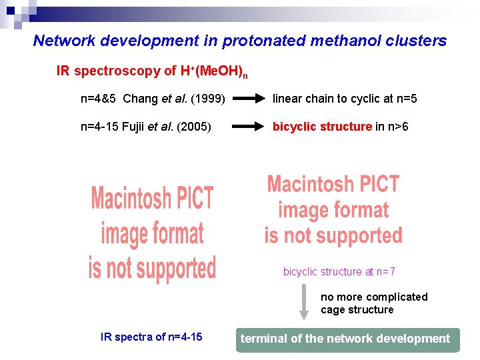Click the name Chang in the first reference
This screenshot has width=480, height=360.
tap(141, 99)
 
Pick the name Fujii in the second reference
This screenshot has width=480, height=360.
tap(135, 127)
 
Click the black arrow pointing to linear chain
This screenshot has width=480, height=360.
tap(249, 99)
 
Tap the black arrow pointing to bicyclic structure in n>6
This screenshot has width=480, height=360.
tap(249, 127)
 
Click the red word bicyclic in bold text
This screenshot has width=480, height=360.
tap(295, 127)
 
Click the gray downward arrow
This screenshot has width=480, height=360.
tap(303, 302)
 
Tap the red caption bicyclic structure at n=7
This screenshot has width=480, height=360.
tap(339, 271)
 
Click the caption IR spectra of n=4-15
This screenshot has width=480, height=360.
tap(151, 337)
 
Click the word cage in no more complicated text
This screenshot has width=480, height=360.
tap(333, 309)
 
